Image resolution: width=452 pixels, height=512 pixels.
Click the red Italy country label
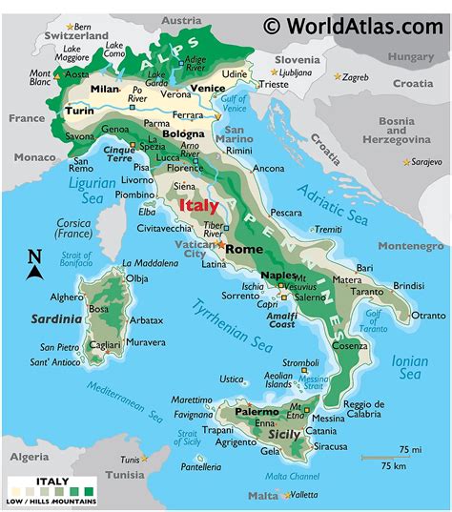(x=198, y=205)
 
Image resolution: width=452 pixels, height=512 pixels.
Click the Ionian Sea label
(x=409, y=366)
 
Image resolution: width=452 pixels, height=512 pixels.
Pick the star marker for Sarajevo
(x=406, y=162)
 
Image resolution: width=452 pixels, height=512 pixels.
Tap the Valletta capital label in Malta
(x=303, y=495)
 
